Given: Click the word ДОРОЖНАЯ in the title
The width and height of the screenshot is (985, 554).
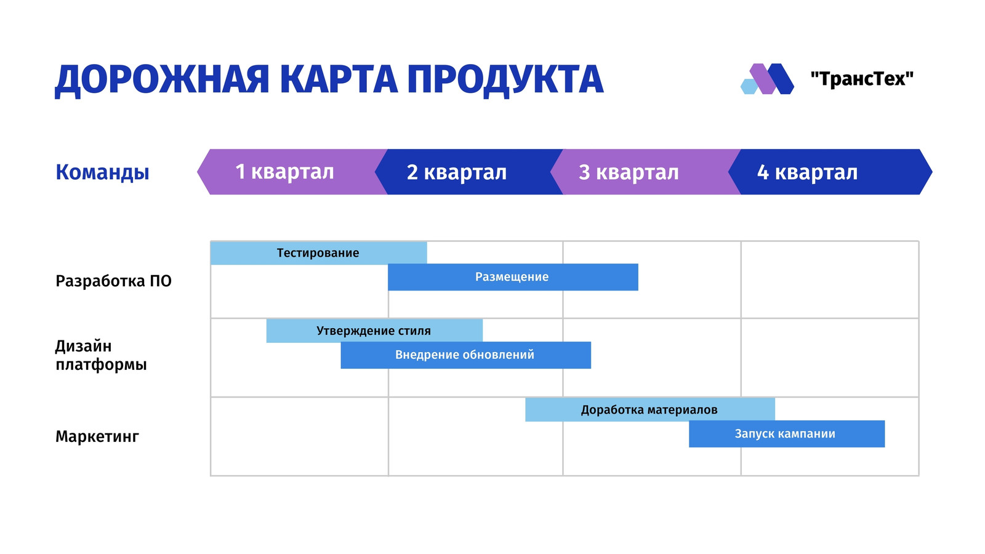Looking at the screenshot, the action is pyautogui.click(x=161, y=80).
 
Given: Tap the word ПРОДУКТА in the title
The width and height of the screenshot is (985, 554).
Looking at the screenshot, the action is pyautogui.click(x=505, y=80).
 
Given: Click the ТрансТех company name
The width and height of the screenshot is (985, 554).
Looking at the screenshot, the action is pyautogui.click(x=862, y=79).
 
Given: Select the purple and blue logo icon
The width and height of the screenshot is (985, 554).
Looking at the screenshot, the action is pyautogui.click(x=767, y=79).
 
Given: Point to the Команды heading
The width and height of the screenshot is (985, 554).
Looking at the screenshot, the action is pyautogui.click(x=102, y=172).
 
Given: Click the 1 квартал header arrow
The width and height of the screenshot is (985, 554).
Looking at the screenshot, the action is pyautogui.click(x=292, y=172).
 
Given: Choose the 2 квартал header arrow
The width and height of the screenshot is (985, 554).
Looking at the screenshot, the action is pyautogui.click(x=468, y=172).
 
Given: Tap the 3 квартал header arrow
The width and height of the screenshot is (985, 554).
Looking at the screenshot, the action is pyautogui.click(x=646, y=172).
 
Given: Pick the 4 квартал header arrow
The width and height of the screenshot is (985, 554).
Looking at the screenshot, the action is pyautogui.click(x=830, y=172).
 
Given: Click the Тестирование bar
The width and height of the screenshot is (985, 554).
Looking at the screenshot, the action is pyautogui.click(x=318, y=253).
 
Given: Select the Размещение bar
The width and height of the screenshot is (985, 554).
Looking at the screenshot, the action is pyautogui.click(x=513, y=277).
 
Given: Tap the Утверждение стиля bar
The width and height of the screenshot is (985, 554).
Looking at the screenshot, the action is pyautogui.click(x=374, y=331).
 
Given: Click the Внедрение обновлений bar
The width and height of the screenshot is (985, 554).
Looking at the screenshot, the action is pyautogui.click(x=465, y=355).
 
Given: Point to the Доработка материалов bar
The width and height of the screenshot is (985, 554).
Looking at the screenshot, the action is pyautogui.click(x=650, y=410).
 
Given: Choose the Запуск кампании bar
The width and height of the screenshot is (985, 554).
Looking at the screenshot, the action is pyautogui.click(x=787, y=434).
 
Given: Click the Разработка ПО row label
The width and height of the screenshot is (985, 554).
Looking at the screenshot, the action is pyautogui.click(x=113, y=281).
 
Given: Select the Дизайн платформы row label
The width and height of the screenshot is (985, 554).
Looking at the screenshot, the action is pyautogui.click(x=101, y=355).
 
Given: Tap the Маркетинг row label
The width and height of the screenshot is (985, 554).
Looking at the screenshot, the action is pyautogui.click(x=97, y=436).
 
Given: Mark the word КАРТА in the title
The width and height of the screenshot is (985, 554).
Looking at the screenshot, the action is pyautogui.click(x=338, y=79).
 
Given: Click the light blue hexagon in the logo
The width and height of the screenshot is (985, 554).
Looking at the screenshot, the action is pyautogui.click(x=749, y=87).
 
